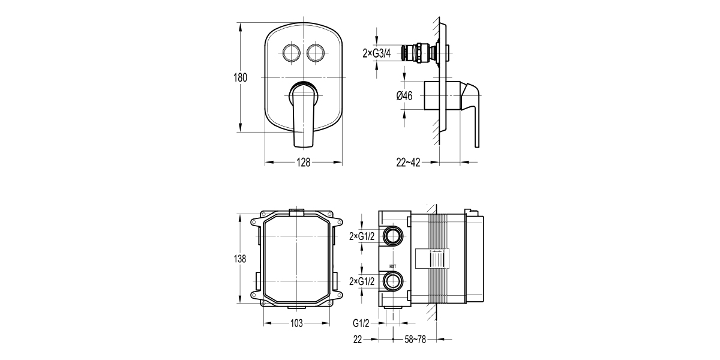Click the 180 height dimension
pyautogui.click(x=240, y=78)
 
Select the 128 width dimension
pyautogui.click(x=303, y=163)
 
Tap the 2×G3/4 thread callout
pyautogui.click(x=377, y=53)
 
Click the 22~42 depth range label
pyautogui.click(x=408, y=163)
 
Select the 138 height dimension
pyautogui.click(x=239, y=259)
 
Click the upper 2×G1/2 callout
pyautogui.click(x=362, y=236)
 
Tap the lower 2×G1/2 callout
pyautogui.click(x=362, y=281)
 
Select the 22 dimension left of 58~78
pyautogui.click(x=358, y=340)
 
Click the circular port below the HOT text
pyautogui.click(x=394, y=281)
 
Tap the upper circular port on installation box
pyautogui.click(x=394, y=235)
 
